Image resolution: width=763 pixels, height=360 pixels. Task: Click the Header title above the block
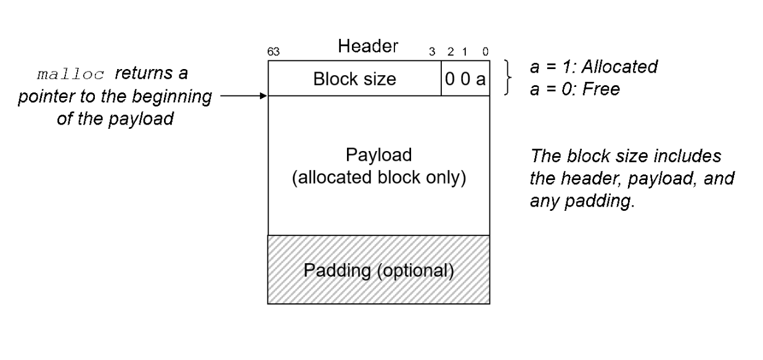coord(368,46)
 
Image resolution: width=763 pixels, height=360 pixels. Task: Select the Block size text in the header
coord(354,79)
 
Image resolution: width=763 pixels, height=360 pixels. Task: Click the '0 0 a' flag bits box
coord(465,79)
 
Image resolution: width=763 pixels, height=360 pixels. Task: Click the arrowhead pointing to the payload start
coord(264,96)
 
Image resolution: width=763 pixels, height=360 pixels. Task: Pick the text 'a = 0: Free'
coord(574,89)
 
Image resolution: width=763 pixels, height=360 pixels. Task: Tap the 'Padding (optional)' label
coord(378,271)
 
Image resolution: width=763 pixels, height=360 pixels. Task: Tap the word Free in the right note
coord(605,89)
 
